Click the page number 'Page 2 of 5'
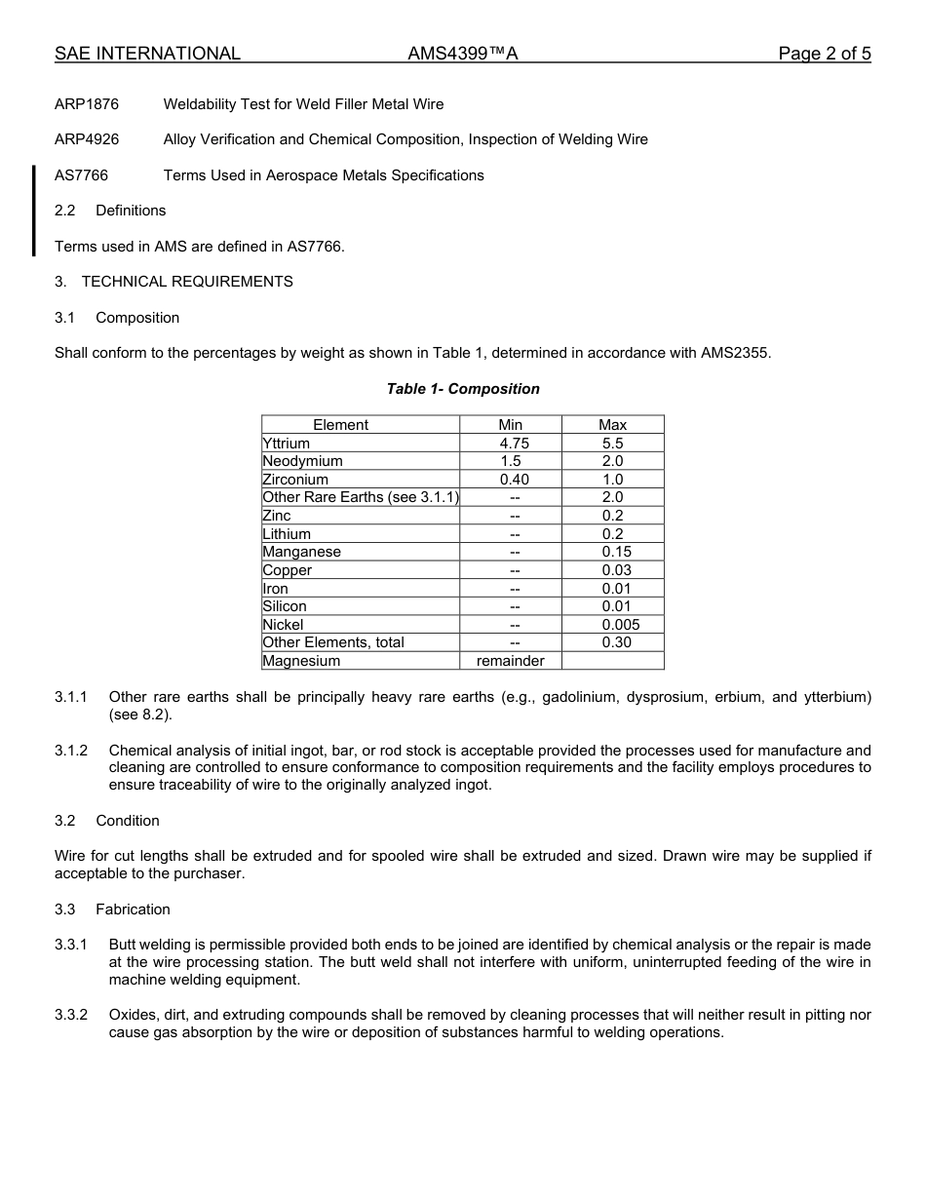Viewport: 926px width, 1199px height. (x=824, y=54)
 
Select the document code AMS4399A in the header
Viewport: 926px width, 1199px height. (x=463, y=54)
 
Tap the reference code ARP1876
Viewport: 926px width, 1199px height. (x=87, y=104)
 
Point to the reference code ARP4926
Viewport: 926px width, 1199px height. (x=87, y=139)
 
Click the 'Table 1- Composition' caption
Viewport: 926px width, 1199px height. (x=463, y=389)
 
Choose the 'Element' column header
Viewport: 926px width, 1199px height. (x=340, y=425)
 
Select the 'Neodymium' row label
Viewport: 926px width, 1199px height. (x=302, y=461)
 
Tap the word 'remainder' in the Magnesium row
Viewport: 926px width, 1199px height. (x=511, y=661)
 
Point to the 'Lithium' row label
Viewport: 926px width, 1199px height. (x=287, y=534)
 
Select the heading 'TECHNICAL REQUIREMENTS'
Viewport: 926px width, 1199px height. (x=187, y=282)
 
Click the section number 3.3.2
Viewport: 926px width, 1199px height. (x=71, y=1015)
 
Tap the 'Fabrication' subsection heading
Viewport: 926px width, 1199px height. (x=133, y=909)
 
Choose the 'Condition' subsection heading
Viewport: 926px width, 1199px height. (x=128, y=821)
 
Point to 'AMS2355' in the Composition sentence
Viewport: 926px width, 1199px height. (x=734, y=353)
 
